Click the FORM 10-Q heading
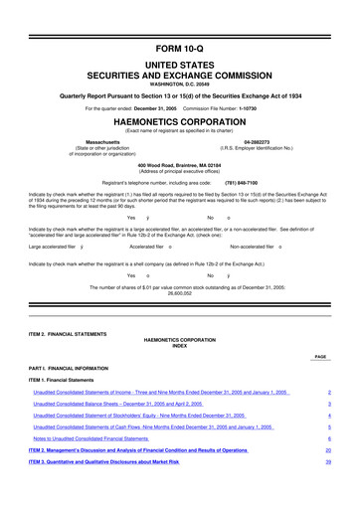(180, 19)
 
